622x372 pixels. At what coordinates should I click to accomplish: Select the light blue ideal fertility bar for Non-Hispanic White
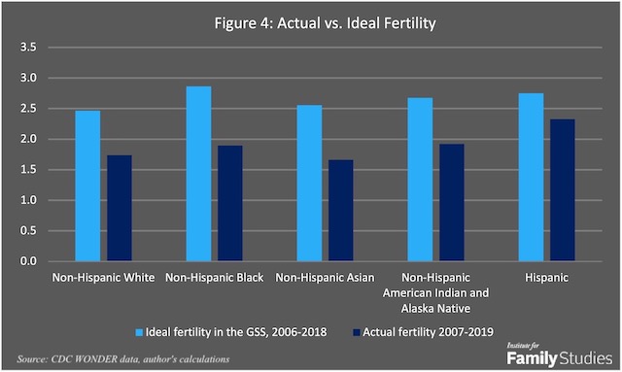tap(87, 186)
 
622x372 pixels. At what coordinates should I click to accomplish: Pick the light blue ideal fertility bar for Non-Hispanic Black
tap(198, 174)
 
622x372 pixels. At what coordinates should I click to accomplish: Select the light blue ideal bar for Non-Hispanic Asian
tap(310, 184)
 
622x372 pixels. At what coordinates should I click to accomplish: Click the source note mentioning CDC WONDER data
tap(121, 359)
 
